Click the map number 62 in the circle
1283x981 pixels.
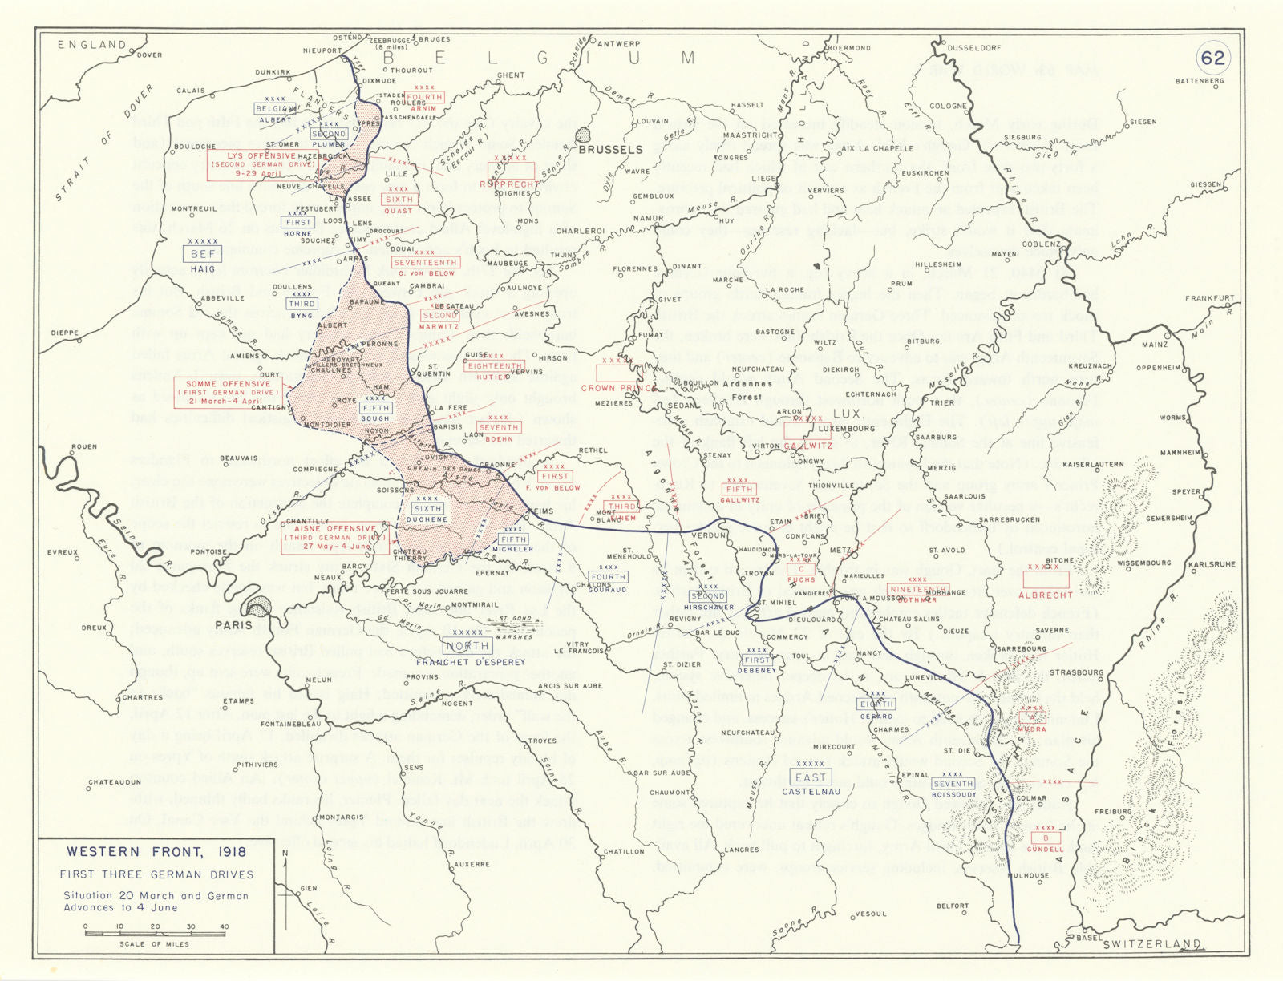coord(1212,57)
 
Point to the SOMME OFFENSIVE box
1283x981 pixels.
coord(229,393)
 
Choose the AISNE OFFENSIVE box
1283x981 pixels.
coord(334,538)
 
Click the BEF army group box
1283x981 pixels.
coord(203,254)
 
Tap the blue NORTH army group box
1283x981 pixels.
coord(468,646)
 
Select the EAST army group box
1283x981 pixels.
coord(810,777)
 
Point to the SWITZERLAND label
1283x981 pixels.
coord(1151,945)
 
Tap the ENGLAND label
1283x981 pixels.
coord(91,45)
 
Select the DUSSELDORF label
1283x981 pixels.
coord(973,48)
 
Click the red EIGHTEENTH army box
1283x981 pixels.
coord(496,366)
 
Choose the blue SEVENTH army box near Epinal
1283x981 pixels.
coord(953,784)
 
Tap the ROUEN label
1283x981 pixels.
coord(83,447)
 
